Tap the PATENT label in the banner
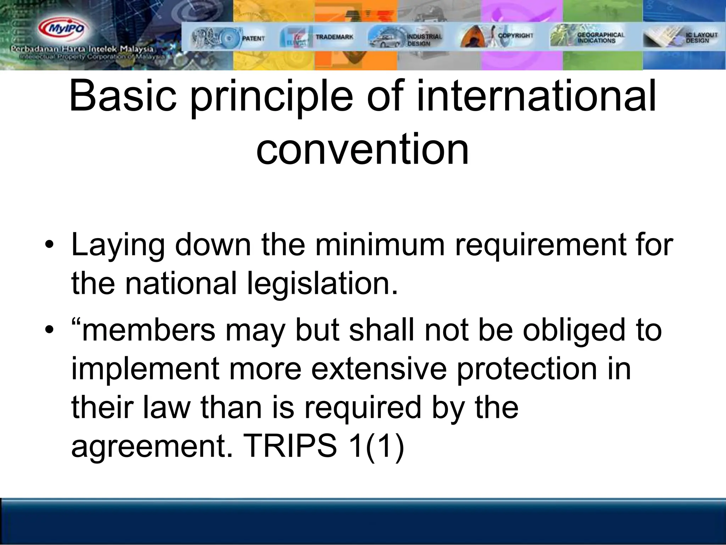tap(253, 38)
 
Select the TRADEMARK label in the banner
tap(334, 37)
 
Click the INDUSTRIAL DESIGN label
tap(424, 40)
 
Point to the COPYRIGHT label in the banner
tap(515, 35)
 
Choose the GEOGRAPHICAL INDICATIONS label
tap(601, 38)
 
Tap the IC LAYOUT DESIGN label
tap(702, 38)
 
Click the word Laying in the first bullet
tap(118, 246)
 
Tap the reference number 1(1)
tap(376, 446)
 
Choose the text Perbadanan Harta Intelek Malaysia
tap(82, 49)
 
